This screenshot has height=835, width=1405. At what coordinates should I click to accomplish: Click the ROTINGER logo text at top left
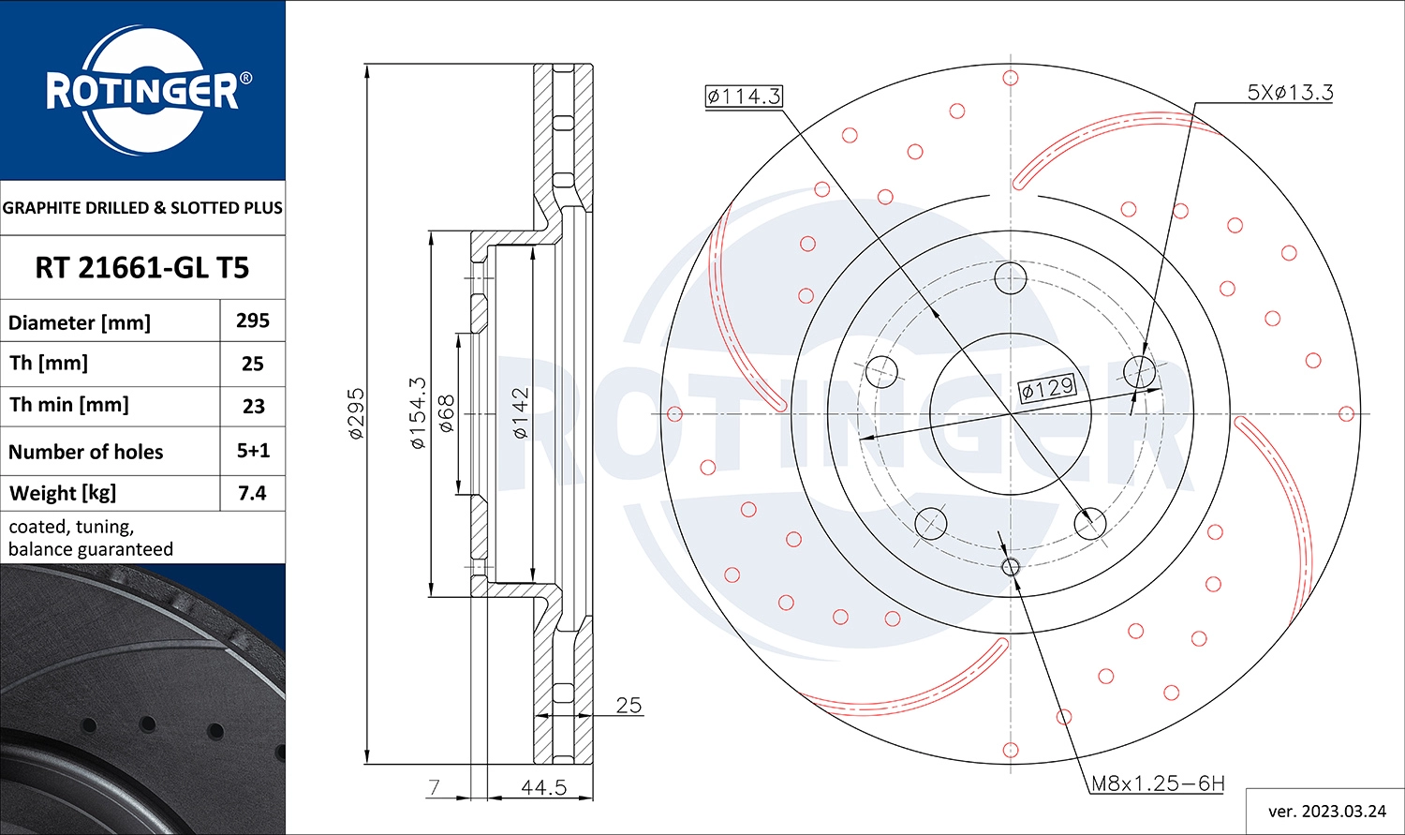(142, 91)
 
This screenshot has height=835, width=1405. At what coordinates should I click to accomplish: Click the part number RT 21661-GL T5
(142, 268)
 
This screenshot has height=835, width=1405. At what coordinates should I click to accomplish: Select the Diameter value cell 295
(253, 321)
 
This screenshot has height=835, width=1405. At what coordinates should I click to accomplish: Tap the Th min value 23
(253, 407)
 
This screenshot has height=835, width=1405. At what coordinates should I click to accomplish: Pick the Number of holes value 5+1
(253, 451)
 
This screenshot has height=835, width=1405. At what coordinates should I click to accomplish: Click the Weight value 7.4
(253, 493)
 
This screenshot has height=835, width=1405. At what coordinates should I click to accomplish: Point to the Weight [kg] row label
(63, 493)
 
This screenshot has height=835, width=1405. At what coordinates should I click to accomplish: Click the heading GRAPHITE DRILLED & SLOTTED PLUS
(142, 208)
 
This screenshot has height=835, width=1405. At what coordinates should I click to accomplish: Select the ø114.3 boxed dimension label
(744, 96)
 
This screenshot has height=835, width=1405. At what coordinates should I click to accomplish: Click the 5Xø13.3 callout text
(1290, 92)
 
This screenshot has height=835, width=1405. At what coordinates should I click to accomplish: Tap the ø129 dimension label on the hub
(1048, 388)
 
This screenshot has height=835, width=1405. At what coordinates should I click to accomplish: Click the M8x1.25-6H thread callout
(1158, 783)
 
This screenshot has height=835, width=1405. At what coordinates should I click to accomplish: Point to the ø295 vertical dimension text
(357, 413)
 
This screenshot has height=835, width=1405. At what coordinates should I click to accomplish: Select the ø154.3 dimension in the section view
(419, 413)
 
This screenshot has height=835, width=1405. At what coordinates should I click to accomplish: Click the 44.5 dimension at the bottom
(543, 787)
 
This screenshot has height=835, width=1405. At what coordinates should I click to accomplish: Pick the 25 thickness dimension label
(629, 705)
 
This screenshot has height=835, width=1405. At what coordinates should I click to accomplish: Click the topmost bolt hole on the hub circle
(1011, 277)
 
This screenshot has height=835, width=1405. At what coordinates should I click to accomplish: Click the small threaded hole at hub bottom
(1011, 566)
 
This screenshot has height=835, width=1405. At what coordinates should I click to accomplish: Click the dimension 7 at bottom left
(434, 787)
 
